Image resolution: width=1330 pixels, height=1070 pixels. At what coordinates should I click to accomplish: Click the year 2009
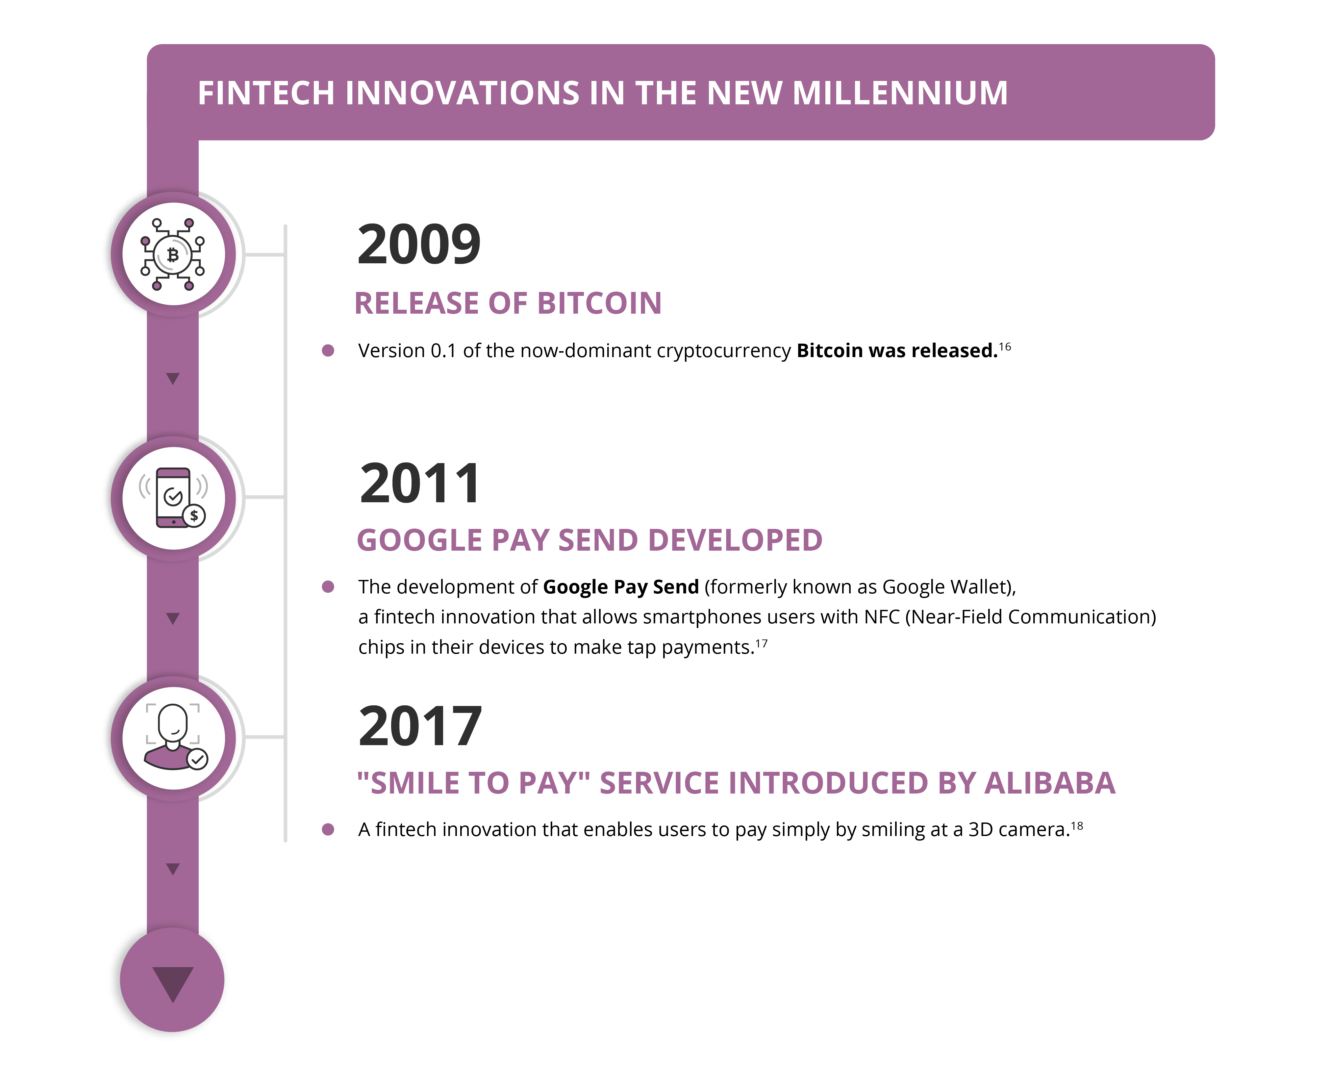[419, 244]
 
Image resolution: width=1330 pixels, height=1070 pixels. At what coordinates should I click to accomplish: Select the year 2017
[420, 726]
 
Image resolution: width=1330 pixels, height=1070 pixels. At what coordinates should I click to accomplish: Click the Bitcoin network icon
[173, 254]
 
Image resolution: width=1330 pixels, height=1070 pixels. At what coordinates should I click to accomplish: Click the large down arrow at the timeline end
[173, 984]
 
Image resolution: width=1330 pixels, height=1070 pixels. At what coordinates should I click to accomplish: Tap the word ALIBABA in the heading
[1050, 784]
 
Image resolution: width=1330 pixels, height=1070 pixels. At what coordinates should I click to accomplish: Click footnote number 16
[1005, 347]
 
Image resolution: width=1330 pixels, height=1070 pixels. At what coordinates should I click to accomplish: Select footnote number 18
[1077, 826]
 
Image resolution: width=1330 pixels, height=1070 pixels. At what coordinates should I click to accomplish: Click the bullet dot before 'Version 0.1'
[328, 351]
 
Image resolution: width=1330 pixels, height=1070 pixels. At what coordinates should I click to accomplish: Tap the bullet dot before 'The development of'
[328, 587]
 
